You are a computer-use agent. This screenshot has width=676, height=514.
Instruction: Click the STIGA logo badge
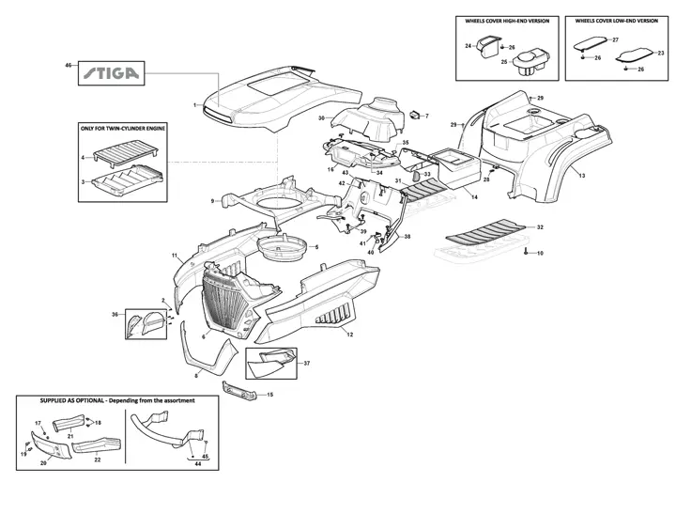pos(111,73)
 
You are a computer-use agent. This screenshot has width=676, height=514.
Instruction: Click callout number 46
pos(68,65)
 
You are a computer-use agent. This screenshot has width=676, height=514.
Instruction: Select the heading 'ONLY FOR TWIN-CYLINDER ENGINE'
pos(123,128)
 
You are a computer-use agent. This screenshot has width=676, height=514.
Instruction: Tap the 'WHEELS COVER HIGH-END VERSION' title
pos(507,21)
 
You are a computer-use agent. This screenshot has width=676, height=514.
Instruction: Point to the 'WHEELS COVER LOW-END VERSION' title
pos(617,21)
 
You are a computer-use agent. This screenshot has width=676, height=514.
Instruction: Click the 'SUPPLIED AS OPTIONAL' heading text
pos(72,400)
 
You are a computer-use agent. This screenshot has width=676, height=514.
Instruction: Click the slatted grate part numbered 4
pos(126,154)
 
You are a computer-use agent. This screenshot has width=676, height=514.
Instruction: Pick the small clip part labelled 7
pos(414,115)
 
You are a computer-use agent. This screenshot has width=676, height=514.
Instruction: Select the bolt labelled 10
pos(526,252)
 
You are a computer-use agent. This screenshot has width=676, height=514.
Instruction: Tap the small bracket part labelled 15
pos(239,390)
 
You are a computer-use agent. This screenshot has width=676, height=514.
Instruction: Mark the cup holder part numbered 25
pos(531,63)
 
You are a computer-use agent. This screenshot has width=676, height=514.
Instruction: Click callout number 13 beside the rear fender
pos(582,176)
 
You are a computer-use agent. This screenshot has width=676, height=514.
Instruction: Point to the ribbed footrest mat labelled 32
pos(485,232)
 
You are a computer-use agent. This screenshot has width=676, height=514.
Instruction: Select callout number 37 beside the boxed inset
pos(307,364)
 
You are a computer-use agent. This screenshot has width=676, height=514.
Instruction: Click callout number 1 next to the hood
pos(195,105)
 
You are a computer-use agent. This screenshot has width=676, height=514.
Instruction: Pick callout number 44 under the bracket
pos(198,464)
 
